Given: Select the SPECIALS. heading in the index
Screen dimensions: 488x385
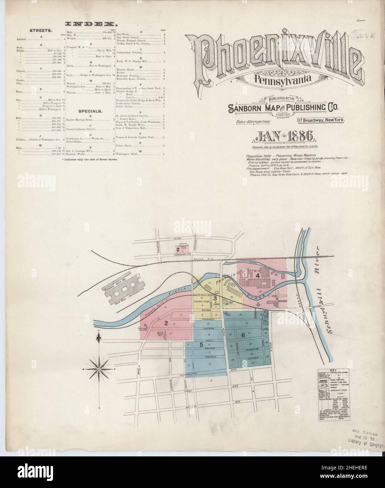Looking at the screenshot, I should (90, 111).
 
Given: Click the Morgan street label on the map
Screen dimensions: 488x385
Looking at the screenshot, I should (210, 356).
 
